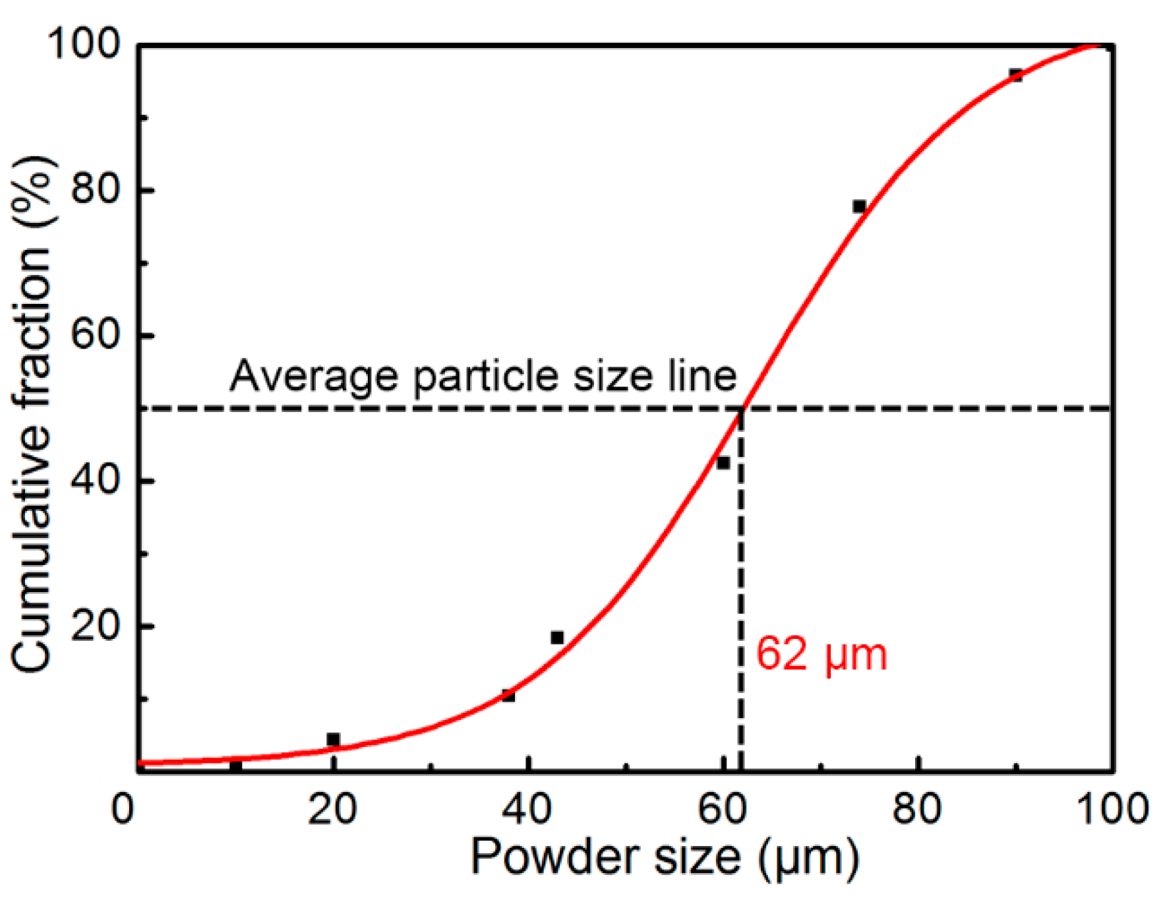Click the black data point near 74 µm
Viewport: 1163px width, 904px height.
point(859,206)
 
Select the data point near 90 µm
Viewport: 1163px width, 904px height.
point(1016,75)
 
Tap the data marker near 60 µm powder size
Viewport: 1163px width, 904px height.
point(723,463)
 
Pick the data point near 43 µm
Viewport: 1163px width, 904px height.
point(557,638)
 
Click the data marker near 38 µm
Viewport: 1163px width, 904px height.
point(508,696)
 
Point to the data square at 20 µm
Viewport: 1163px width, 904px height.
point(333,739)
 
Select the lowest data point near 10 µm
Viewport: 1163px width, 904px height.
point(235,766)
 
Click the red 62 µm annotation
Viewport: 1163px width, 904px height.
point(821,655)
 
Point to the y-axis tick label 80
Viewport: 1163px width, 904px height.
point(96,189)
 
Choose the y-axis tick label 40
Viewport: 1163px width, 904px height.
point(96,480)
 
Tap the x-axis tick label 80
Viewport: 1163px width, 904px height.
point(917,808)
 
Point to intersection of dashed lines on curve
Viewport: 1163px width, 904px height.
point(742,409)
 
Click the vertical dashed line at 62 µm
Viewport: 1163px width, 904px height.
point(742,593)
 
